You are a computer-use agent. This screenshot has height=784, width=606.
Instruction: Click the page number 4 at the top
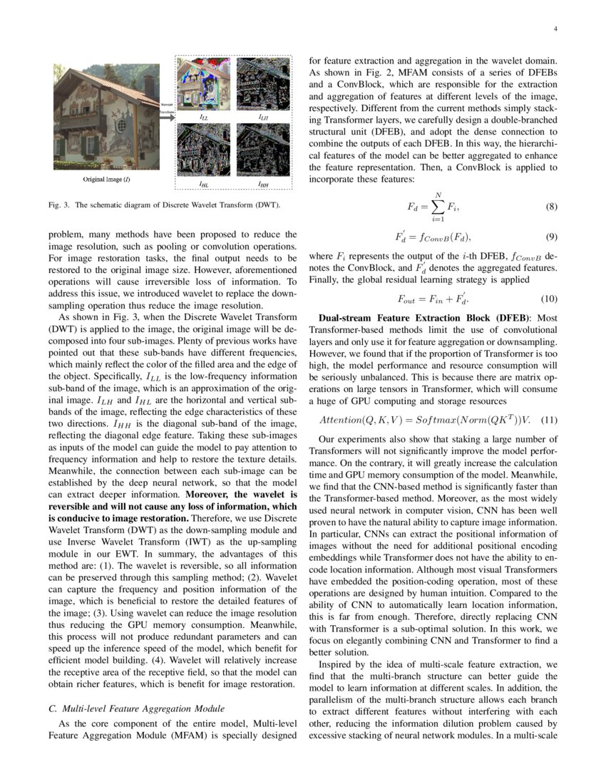coord(554,29)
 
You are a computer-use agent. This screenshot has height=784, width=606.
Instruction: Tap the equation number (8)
coord(551,207)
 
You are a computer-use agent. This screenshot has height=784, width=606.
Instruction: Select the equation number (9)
coord(551,237)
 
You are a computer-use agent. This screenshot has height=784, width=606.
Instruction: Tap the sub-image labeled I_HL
coord(203,151)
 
